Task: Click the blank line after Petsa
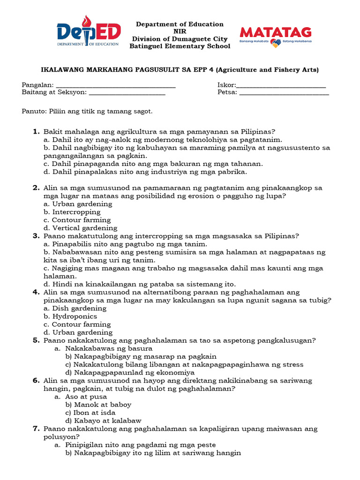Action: click(284, 94)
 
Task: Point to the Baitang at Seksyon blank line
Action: click(127, 94)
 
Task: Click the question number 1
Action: click(36, 132)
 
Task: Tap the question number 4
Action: click(36, 292)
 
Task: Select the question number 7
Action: click(36, 428)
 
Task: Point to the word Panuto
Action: click(33, 112)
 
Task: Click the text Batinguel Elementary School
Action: click(180, 46)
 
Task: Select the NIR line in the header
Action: click(180, 31)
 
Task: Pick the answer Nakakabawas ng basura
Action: click(108, 348)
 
